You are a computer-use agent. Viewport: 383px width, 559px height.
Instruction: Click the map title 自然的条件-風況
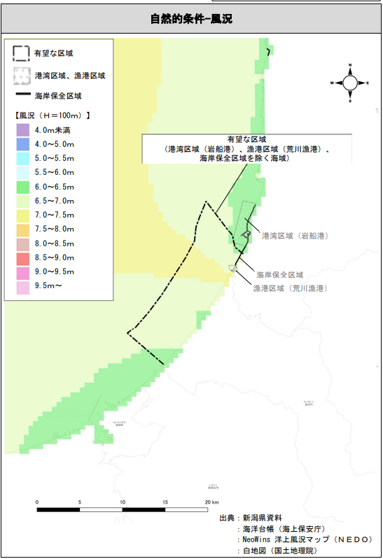tap(190, 18)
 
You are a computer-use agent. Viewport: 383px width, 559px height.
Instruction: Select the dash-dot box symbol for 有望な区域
tap(22, 53)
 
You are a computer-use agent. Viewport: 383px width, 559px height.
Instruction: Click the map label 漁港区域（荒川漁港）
tap(291, 288)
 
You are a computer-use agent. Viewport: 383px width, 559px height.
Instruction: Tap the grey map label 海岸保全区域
tap(279, 275)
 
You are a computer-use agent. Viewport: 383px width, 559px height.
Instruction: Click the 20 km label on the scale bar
tap(211, 502)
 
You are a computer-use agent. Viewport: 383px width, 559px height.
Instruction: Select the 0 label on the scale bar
tap(37, 502)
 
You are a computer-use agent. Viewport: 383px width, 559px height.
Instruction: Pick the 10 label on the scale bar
tap(123, 502)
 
